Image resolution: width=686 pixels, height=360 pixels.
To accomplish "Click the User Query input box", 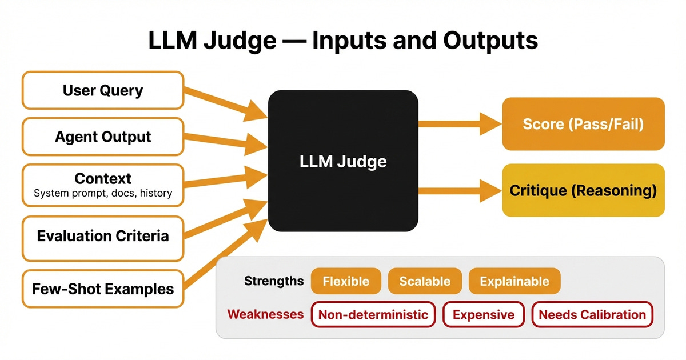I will pyautogui.click(x=103, y=90).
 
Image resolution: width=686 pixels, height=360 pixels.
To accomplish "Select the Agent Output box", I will pyautogui.click(x=103, y=137).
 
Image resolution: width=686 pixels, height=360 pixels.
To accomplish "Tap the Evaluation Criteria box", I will pyautogui.click(x=103, y=236).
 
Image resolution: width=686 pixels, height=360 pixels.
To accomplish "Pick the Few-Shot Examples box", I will pyautogui.click(x=103, y=289).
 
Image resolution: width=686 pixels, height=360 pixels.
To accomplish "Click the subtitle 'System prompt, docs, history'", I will pyautogui.click(x=103, y=193).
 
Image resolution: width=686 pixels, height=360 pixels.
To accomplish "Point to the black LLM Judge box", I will pyautogui.click(x=343, y=161).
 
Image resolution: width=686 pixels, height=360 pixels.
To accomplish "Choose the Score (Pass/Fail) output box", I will pyautogui.click(x=583, y=124).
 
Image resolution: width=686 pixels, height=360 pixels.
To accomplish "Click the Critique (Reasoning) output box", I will pyautogui.click(x=583, y=190).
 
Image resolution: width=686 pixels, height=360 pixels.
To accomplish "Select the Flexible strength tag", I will pyautogui.click(x=346, y=281).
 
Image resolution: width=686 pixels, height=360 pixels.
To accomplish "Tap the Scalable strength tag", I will pyautogui.click(x=425, y=281).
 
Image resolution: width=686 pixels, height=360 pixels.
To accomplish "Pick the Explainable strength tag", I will pyautogui.click(x=514, y=281).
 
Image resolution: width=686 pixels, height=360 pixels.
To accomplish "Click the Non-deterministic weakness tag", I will pyautogui.click(x=373, y=314).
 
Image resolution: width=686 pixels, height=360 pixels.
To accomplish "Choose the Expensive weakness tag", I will pyautogui.click(x=484, y=314).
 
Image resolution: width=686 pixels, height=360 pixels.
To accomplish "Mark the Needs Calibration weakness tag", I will pyautogui.click(x=592, y=314).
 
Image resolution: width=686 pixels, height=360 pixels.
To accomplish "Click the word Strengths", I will pyautogui.click(x=274, y=281).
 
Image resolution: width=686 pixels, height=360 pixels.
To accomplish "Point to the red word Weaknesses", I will pyautogui.click(x=265, y=314).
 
